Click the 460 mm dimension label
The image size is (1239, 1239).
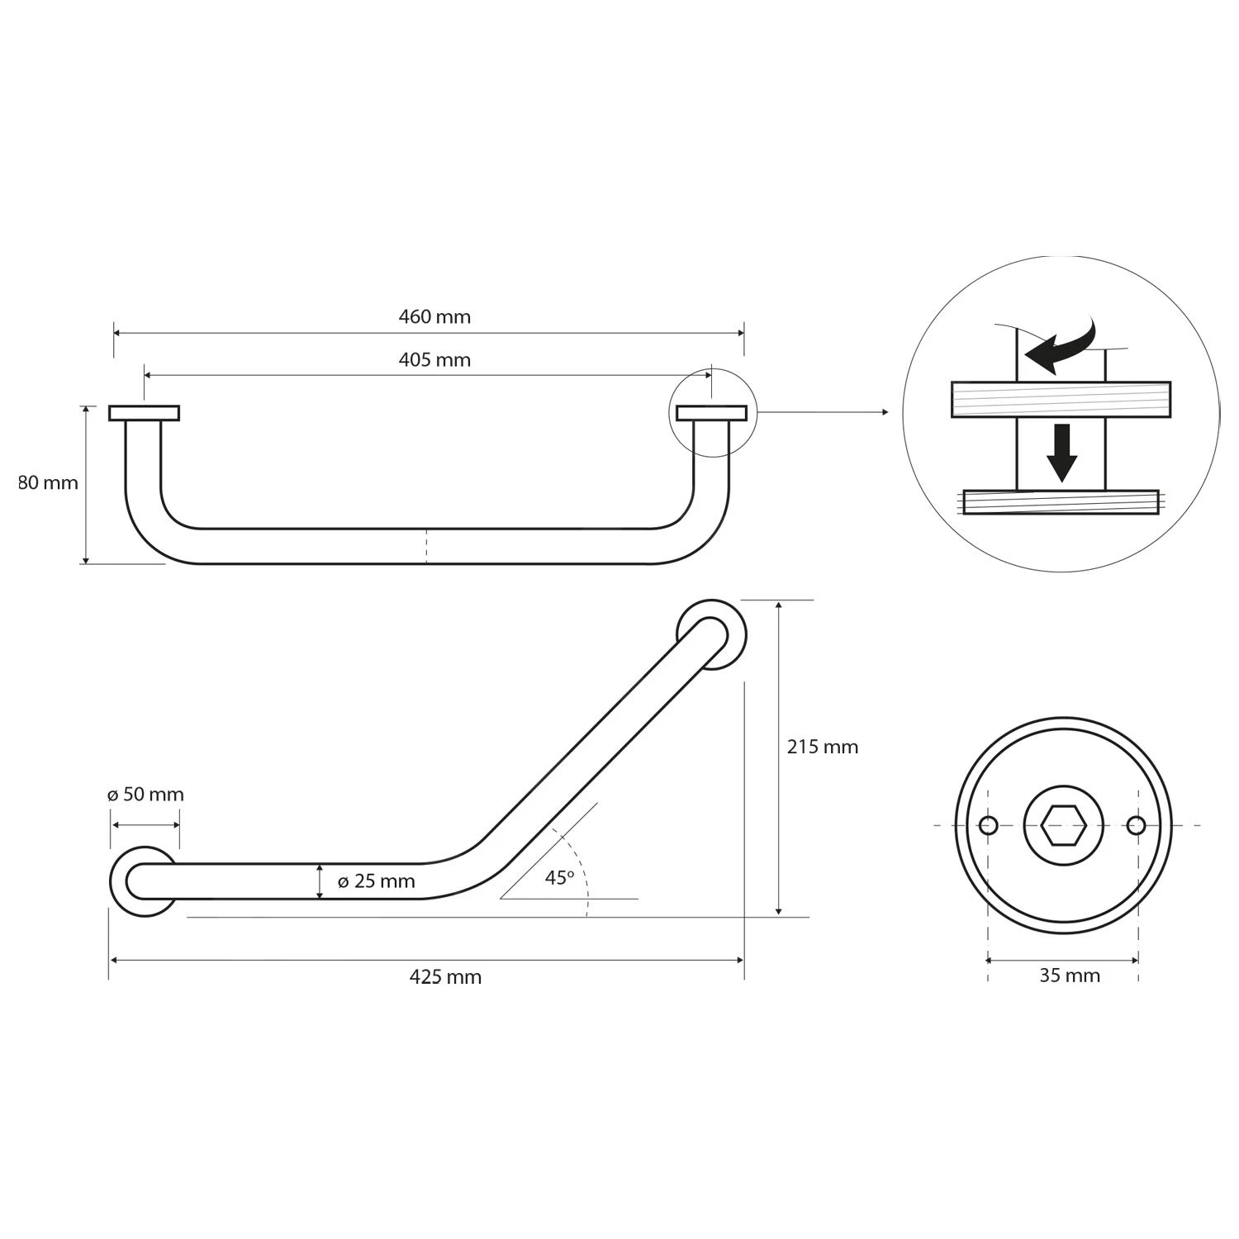tap(434, 316)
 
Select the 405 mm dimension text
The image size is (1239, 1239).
tap(434, 360)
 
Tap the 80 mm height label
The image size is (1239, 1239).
tap(48, 482)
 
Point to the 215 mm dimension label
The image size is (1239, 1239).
tap(822, 747)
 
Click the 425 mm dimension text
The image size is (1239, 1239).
tap(445, 977)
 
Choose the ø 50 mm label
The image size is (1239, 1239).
tap(145, 795)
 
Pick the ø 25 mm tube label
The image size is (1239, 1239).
tap(376, 881)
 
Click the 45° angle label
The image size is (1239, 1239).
tap(559, 878)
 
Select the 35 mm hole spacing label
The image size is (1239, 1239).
tap(1070, 976)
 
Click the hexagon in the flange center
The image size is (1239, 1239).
tap(1063, 825)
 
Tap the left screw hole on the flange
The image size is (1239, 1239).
tap(988, 825)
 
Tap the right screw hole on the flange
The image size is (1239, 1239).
tap(1137, 825)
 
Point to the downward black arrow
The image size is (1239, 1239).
tap(1061, 453)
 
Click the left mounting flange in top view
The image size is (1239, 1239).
tap(144, 413)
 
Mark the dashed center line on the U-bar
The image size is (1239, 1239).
tap(426, 546)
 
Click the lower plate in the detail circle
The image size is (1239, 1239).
tap(1061, 501)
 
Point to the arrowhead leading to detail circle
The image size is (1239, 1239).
tap(885, 412)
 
